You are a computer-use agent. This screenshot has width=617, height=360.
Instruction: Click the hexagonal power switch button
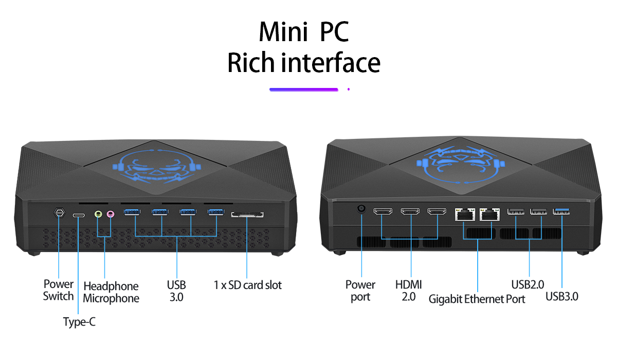[x=59, y=213]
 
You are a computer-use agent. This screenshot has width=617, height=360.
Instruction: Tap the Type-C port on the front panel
[x=79, y=215]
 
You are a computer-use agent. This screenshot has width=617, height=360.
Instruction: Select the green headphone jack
[x=98, y=214]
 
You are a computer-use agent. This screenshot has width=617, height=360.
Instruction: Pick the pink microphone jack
[x=111, y=214]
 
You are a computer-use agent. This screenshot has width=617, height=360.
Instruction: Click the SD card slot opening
[x=247, y=214]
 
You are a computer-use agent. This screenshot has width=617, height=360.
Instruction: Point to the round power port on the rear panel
[x=361, y=208]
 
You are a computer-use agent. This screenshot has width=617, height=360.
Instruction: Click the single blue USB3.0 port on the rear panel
[x=561, y=211]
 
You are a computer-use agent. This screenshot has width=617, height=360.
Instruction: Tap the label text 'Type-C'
[x=79, y=322]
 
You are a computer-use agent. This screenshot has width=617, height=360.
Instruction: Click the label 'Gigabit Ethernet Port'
[x=477, y=299]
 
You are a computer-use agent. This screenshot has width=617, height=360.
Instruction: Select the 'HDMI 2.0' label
[x=408, y=291]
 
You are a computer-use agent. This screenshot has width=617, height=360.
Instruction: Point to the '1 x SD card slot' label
[x=248, y=285]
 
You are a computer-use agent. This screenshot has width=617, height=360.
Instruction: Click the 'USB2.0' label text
[x=528, y=284]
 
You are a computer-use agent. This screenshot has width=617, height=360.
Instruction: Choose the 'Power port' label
[x=360, y=291]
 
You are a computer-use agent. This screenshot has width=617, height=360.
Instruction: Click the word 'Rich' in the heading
[x=251, y=62]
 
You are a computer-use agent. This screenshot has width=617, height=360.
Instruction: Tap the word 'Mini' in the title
[x=283, y=31]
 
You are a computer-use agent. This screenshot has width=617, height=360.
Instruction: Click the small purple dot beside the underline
[x=349, y=89]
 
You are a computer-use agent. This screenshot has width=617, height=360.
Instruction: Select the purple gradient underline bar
[x=303, y=89]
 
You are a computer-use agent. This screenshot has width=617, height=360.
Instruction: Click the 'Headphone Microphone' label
[x=111, y=292]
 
